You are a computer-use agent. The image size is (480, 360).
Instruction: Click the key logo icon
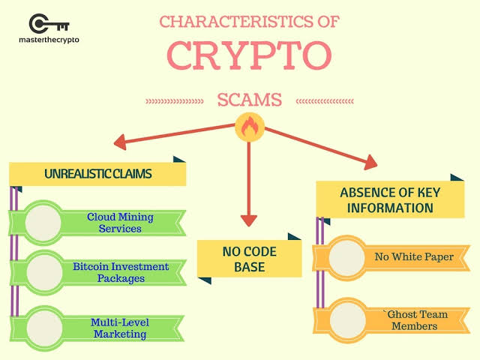(x=49, y=23)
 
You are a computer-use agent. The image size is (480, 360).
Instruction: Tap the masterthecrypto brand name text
(x=49, y=40)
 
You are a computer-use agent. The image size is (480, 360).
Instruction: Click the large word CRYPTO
(x=250, y=55)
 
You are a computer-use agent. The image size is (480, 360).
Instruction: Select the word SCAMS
(x=250, y=100)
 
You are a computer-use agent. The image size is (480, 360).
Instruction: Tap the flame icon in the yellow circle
(x=250, y=127)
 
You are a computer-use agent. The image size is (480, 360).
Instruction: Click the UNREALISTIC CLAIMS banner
(x=97, y=173)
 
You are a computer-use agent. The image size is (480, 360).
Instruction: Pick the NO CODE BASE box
(x=250, y=259)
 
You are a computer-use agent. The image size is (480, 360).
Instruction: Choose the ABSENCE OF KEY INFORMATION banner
(x=390, y=200)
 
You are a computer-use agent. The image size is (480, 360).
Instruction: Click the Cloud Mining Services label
(x=120, y=223)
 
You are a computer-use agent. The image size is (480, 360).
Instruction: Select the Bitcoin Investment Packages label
(x=121, y=272)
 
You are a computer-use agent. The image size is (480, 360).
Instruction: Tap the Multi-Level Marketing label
(x=120, y=328)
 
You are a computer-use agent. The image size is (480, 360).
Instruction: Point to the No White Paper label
(x=414, y=256)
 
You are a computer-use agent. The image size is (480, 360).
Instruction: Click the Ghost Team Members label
(x=415, y=320)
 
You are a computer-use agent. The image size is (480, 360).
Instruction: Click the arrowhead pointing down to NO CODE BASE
(x=249, y=220)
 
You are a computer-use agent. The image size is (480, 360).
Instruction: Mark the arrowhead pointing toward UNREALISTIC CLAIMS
(x=120, y=142)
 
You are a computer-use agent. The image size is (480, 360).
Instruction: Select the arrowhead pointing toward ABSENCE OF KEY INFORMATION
(x=371, y=162)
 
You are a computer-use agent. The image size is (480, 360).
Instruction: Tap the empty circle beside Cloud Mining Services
(x=43, y=223)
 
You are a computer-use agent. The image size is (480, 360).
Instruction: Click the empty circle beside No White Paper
(x=346, y=258)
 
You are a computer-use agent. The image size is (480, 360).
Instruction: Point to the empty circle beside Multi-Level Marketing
(x=44, y=328)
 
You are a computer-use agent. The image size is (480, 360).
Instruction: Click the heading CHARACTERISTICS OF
(x=250, y=22)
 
